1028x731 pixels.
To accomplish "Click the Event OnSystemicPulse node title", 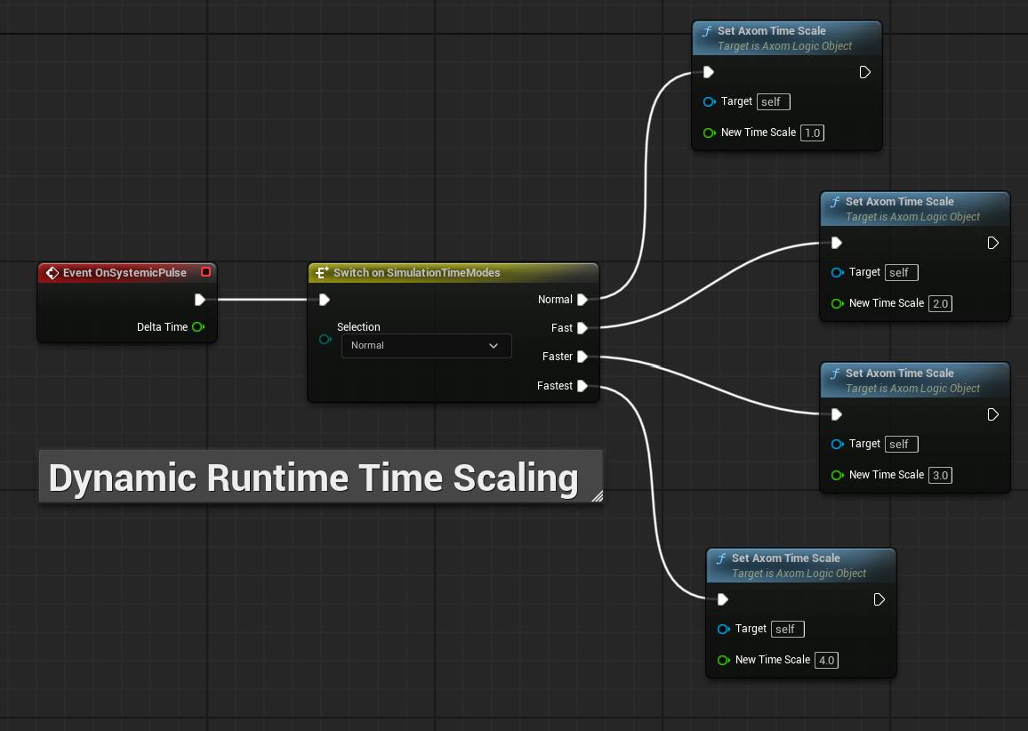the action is [x=124, y=273].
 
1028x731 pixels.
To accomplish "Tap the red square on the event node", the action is [x=205, y=272].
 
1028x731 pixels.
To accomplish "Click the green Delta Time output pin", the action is [x=198, y=326].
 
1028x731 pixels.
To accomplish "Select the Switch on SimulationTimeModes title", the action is [x=416, y=273].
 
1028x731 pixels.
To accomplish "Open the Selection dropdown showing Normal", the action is [x=426, y=346].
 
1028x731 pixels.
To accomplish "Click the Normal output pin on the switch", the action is [x=582, y=300].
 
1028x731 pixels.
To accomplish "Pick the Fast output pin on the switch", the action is [x=582, y=328].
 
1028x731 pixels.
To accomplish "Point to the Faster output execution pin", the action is [x=582, y=357].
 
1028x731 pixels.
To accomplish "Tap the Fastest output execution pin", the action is [x=582, y=385].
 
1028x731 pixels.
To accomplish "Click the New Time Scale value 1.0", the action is [x=812, y=133].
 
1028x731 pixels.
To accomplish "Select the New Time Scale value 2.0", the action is [x=940, y=303].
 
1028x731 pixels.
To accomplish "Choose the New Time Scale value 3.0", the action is [x=940, y=475].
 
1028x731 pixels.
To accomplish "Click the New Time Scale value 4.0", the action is [x=827, y=660].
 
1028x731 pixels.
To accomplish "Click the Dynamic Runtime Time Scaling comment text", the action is [x=313, y=478].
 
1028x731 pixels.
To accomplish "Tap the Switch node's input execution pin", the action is [x=324, y=300].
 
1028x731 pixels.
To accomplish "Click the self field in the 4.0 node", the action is [x=787, y=630].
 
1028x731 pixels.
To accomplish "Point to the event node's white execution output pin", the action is [x=200, y=300].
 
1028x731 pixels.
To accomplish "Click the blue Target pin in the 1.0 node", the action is [x=709, y=101].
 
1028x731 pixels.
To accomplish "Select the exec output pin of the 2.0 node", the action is [x=992, y=244].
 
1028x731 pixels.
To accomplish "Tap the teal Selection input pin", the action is [x=325, y=340].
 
